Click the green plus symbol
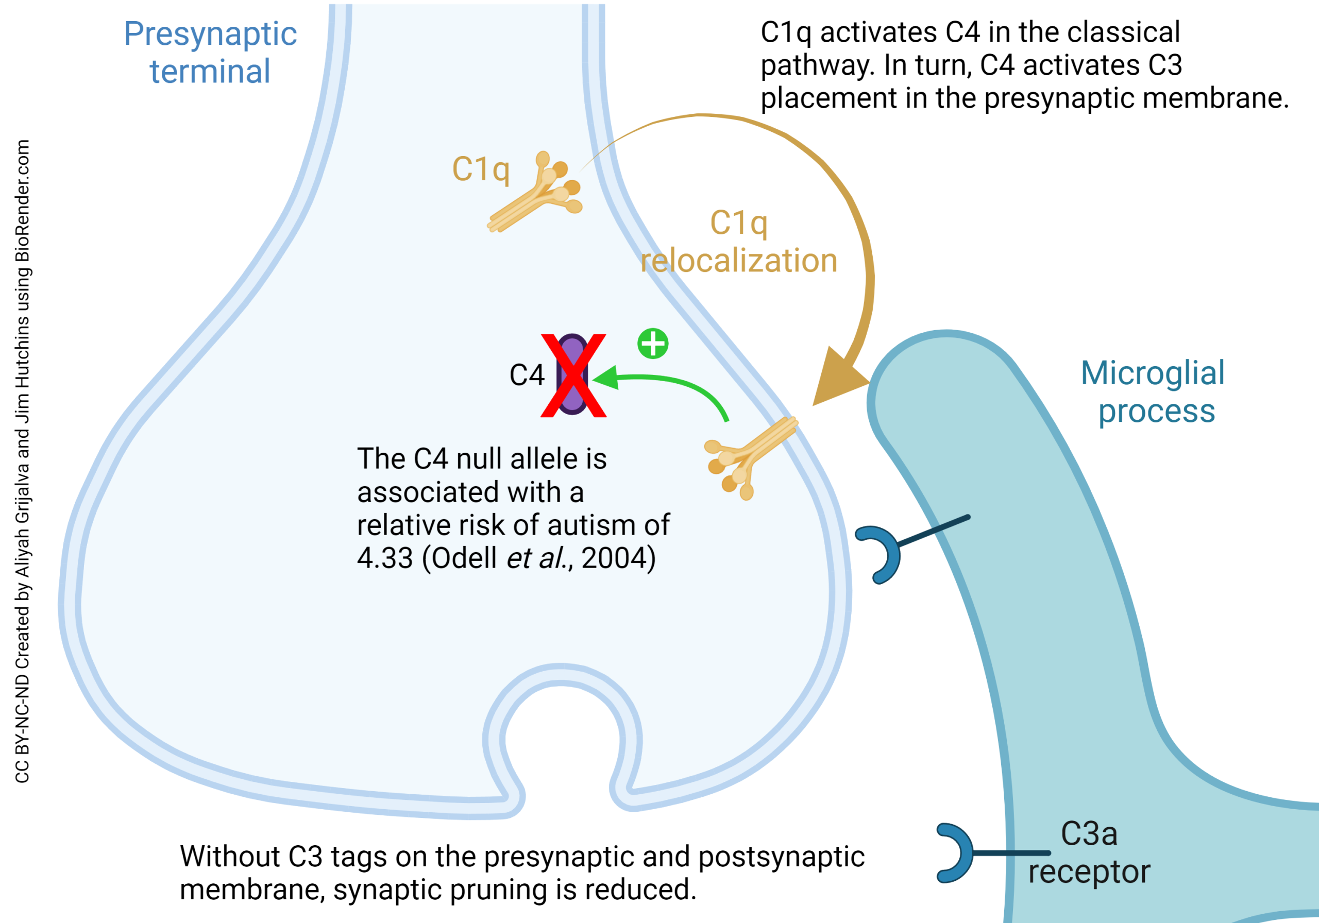pyautogui.click(x=653, y=344)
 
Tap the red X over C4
pyautogui.click(x=573, y=375)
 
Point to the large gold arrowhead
pyautogui.click(x=837, y=380)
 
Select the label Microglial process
pyautogui.click(x=1154, y=392)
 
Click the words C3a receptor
pyautogui.click(x=1089, y=852)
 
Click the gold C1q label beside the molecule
pyautogui.click(x=480, y=169)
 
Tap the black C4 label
pyautogui.click(x=526, y=375)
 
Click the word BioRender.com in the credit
pyautogui.click(x=22, y=201)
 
